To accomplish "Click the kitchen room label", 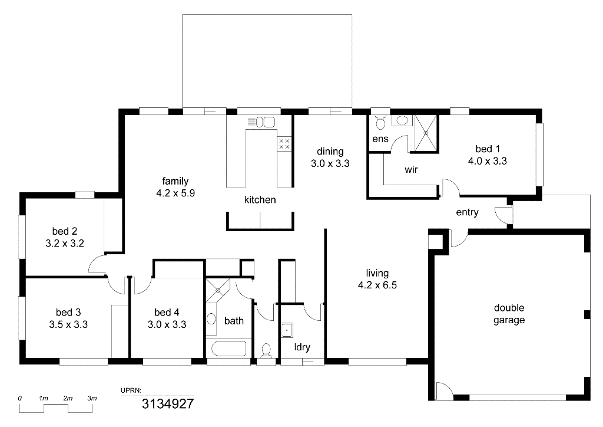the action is coord(260,199).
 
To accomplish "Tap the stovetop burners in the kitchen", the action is coord(284,144).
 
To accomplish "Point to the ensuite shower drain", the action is coord(426,133).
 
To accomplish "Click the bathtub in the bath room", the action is coord(228,349).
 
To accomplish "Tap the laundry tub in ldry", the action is coord(287,330).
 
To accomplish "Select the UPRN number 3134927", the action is coord(168,403).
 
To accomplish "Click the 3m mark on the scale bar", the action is coord(92,398).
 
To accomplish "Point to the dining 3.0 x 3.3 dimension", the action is coord(330,163).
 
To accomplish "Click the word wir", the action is coord(411,169).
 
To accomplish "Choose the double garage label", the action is coord(509,314).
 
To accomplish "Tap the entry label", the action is coord(467,212).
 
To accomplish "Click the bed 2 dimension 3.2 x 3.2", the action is coord(65,244).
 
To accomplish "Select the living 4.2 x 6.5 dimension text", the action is coord(377,285).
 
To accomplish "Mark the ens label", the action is coord(380,139).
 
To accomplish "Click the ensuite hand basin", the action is coord(402,120).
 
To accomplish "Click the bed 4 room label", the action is coord(167,312).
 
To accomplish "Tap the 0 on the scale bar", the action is coord(19,399).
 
